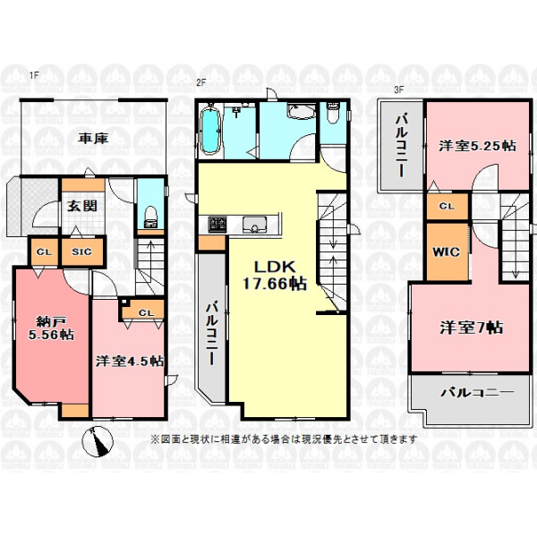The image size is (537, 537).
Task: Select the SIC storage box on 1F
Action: coord(82,251)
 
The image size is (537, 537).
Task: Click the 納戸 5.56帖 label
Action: coord(51,328)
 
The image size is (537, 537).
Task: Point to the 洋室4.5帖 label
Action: coord(130,361)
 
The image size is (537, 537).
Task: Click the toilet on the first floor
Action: coord(150,217)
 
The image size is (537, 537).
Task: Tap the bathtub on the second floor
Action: coord(209,130)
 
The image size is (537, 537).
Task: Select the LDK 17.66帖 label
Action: coord(275,275)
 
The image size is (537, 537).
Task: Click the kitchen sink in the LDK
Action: coord(254,225)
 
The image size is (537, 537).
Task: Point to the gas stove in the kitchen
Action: coord(217,225)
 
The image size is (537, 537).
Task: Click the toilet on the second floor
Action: coord(332,113)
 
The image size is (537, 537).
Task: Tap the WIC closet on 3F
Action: coord(447,252)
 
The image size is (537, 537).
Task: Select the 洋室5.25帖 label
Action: coord(477,146)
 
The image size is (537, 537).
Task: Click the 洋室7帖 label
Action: coord(472,328)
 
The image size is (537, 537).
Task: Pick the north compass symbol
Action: coord(100,441)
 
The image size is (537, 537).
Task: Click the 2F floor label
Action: coord(200,82)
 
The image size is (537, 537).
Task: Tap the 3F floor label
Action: coord(398,90)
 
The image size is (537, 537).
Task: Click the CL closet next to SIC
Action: coord(45,251)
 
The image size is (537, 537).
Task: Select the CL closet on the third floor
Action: coord(447,206)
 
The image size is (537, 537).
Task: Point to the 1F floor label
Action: coord(34,75)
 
